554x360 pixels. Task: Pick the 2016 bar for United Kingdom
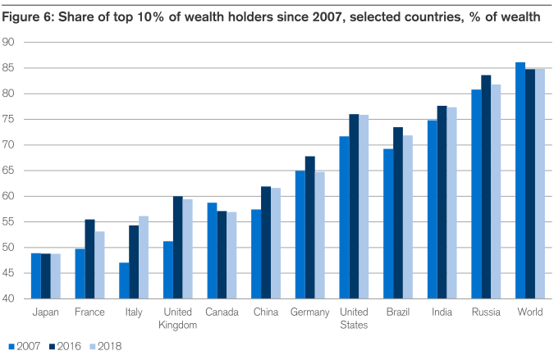(178, 247)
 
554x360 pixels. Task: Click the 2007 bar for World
(520, 180)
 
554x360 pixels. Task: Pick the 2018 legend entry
(109, 347)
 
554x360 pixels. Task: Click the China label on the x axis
(265, 312)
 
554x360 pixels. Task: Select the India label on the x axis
(442, 312)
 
